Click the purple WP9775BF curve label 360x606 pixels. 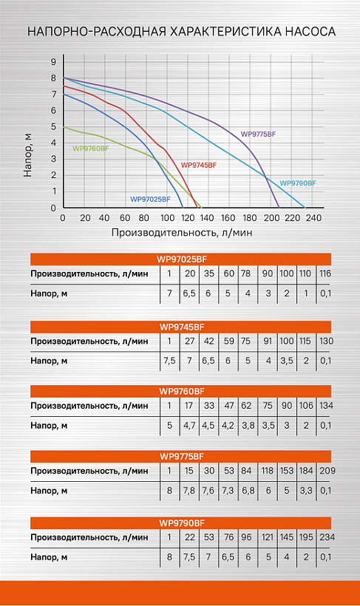(x=258, y=134)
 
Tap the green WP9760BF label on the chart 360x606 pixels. (x=90, y=149)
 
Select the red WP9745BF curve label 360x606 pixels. (x=199, y=165)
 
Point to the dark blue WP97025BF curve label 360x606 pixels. (x=150, y=200)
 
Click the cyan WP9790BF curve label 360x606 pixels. (x=298, y=183)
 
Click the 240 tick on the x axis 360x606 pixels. (x=313, y=218)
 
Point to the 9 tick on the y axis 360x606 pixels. (x=53, y=62)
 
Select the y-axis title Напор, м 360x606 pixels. (x=27, y=155)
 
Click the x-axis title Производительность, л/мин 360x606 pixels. (x=182, y=233)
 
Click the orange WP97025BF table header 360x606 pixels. (x=181, y=259)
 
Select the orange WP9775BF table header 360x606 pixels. (x=181, y=457)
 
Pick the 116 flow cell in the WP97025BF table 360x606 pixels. (x=325, y=273)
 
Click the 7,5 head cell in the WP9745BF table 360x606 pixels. (x=169, y=361)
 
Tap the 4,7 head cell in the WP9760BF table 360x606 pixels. (x=189, y=426)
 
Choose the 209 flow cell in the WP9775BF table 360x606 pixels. (x=327, y=471)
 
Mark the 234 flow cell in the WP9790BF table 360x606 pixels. (x=327, y=537)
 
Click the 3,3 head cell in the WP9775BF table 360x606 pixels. (x=306, y=491)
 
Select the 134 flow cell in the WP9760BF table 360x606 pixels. (x=326, y=406)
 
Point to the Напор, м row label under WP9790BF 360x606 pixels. (x=49, y=557)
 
